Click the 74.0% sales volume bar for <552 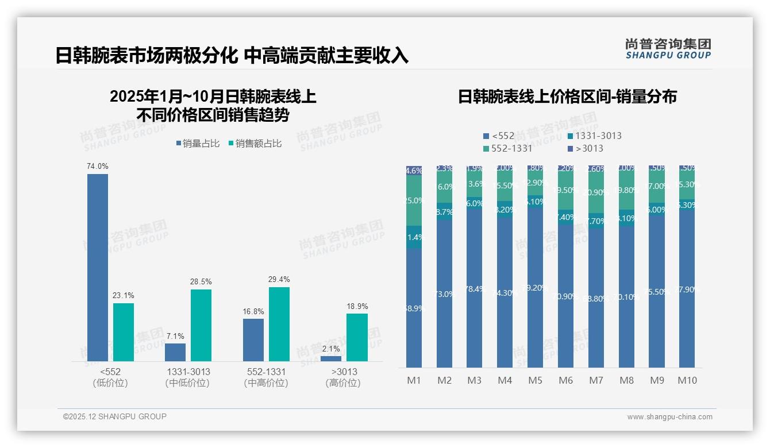(98, 267)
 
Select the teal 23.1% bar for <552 (124, 332)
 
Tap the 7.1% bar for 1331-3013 (175, 352)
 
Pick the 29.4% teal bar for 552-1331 (279, 324)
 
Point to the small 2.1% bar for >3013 (331, 358)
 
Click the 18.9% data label (357, 307)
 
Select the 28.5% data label (201, 282)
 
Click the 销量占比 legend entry (198, 144)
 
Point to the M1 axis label (414, 380)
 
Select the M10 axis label (687, 380)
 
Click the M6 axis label (566, 380)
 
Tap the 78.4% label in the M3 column (475, 289)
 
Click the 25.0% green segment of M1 (414, 200)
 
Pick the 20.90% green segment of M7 (596, 193)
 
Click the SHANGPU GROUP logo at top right (668, 49)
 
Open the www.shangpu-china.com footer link (669, 417)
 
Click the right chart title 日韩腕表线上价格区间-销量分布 (567, 96)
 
